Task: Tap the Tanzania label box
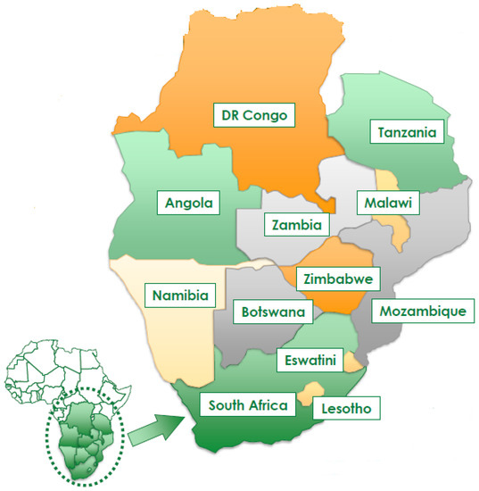(x=406, y=133)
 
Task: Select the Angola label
(x=191, y=204)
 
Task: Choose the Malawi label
(x=387, y=204)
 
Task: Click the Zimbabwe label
(x=336, y=279)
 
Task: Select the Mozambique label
(x=422, y=312)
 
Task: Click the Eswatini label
(x=310, y=362)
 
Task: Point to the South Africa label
(x=248, y=405)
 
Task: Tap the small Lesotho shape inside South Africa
(x=311, y=391)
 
